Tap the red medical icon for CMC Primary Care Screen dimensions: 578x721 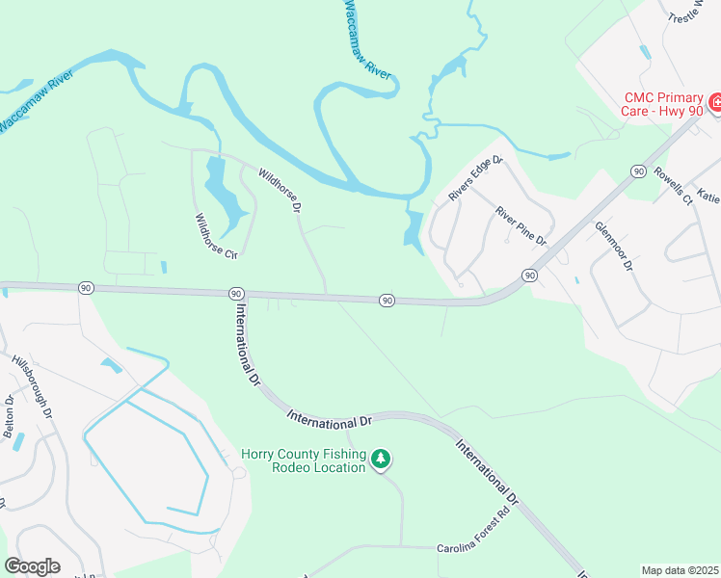(x=715, y=102)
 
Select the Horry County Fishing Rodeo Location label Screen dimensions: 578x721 (x=304, y=460)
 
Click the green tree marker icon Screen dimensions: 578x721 (x=382, y=460)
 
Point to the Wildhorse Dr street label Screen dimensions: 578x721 (x=280, y=190)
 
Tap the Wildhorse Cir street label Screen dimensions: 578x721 (x=216, y=237)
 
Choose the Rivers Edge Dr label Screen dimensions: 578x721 (x=476, y=179)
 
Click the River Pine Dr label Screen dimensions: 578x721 (x=521, y=226)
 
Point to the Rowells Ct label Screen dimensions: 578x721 (x=674, y=186)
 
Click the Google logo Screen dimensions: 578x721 (x=32, y=566)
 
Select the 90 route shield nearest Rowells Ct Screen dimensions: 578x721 (x=638, y=171)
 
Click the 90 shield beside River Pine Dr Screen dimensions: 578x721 (x=529, y=276)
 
